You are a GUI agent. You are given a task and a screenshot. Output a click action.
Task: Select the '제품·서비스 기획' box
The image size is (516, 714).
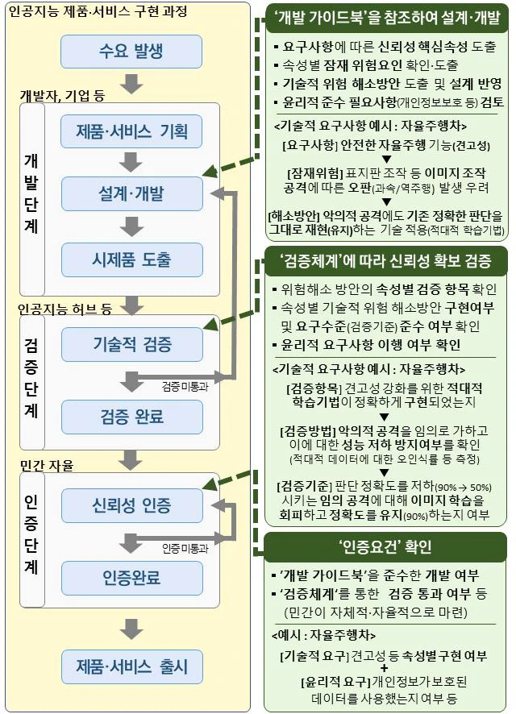click(x=131, y=130)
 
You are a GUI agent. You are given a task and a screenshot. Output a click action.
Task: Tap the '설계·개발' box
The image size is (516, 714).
click(x=131, y=193)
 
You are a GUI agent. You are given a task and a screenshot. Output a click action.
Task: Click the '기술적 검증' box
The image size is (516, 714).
click(x=131, y=344)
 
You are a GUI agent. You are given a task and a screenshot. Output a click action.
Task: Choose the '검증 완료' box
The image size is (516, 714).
click(x=131, y=416)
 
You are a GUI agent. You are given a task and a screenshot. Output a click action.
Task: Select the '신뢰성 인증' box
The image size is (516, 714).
click(x=131, y=505)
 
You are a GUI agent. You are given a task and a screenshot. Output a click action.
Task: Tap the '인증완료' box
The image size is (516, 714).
click(x=131, y=577)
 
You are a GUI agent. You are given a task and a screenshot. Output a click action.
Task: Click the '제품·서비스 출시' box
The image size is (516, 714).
click(x=131, y=666)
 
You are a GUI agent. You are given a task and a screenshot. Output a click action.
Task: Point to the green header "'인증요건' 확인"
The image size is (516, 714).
click(x=386, y=547)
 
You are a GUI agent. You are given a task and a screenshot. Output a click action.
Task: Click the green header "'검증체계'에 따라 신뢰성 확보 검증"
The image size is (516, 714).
click(x=386, y=260)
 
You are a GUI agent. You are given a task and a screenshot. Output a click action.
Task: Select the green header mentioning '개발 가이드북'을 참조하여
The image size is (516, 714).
click(x=386, y=18)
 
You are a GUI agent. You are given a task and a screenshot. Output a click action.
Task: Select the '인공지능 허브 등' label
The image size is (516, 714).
click(x=65, y=307)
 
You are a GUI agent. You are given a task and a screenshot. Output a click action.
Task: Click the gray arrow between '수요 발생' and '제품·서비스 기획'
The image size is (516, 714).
click(x=131, y=83)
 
